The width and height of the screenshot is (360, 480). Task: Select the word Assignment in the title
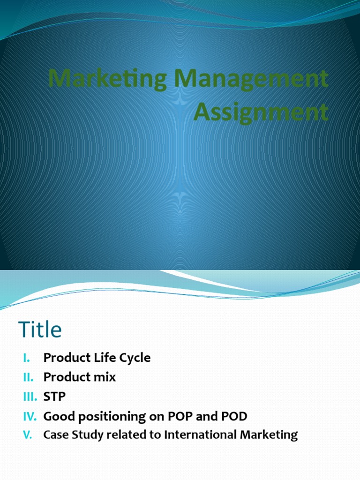[261, 112]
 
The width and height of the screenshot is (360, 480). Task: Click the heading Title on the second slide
[40, 330]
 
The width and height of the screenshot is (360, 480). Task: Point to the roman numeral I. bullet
[27, 358]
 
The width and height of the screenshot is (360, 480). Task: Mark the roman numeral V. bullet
[27, 435]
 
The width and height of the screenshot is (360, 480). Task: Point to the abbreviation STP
[54, 397]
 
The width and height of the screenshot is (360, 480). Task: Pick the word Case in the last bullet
[54, 435]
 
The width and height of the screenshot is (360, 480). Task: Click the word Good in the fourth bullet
[56, 416]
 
